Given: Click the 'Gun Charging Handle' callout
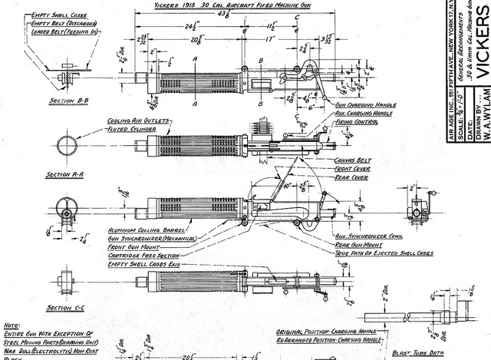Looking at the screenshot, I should (x=362, y=104).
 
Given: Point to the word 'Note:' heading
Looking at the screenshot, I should (x=12, y=325).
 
